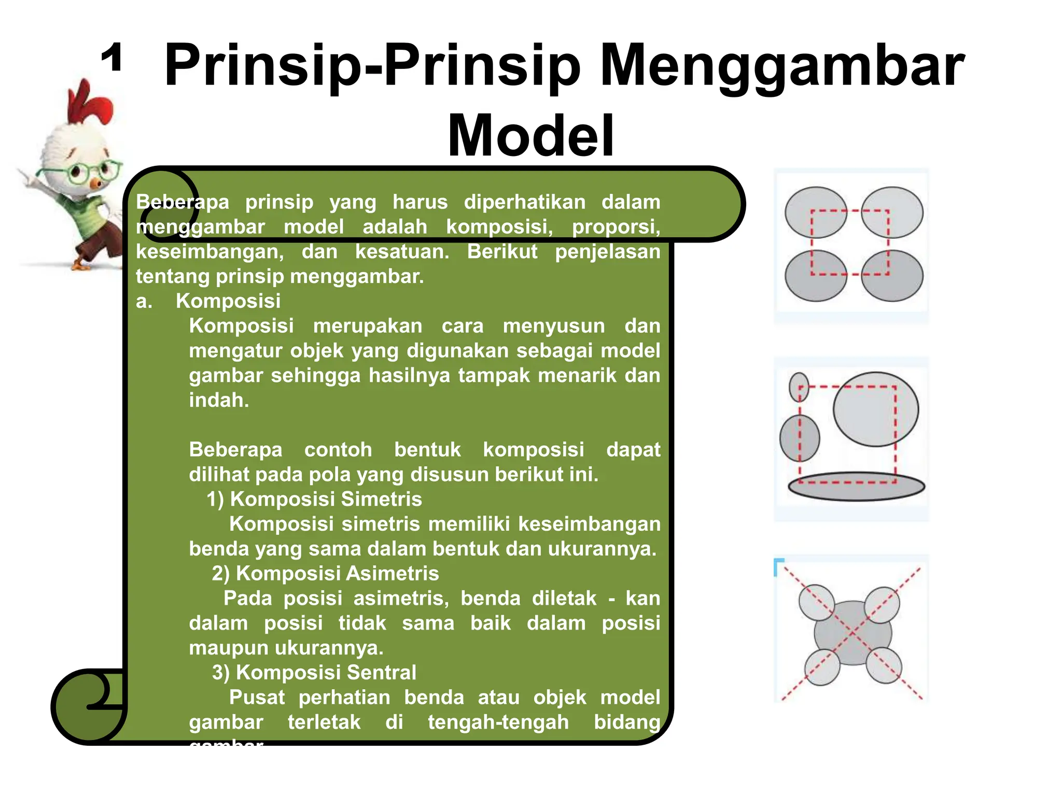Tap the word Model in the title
point(530,136)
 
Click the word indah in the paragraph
point(218,400)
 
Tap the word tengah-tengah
point(498,722)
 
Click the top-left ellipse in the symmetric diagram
point(815,212)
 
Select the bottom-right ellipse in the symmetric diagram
point(892,276)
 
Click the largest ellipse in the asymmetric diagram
point(875,409)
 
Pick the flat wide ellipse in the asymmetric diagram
point(856,486)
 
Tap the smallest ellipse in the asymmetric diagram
point(799,387)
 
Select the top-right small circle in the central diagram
point(883,604)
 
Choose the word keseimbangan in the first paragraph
point(209,252)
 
